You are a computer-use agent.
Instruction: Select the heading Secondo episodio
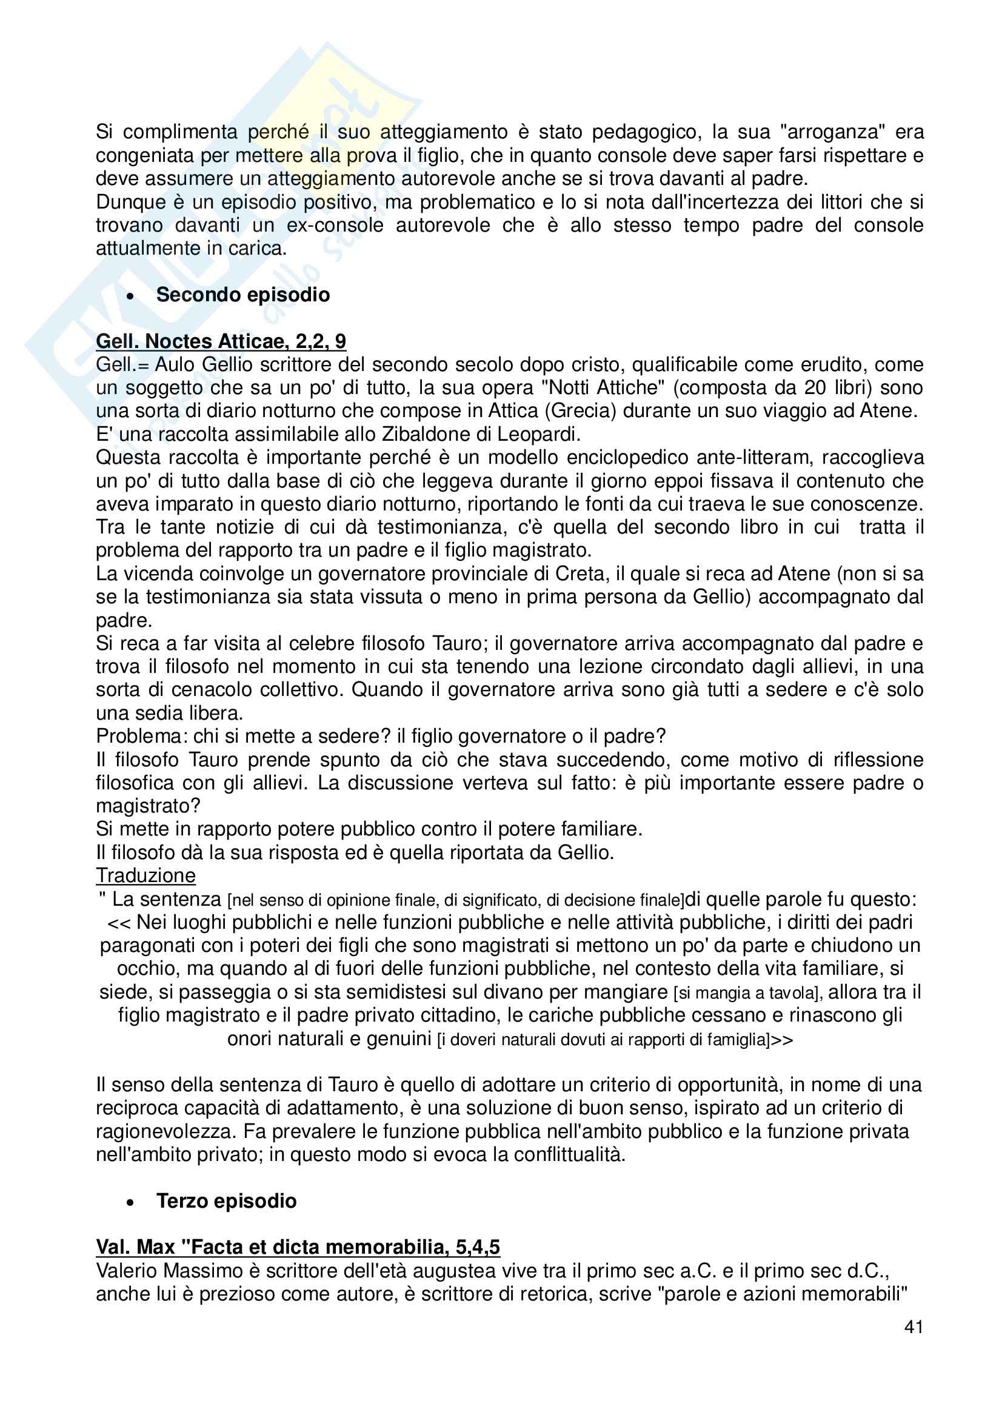pos(242,295)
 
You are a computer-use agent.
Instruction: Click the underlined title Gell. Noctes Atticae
pos(221,341)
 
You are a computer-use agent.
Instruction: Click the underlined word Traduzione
pos(145,875)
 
